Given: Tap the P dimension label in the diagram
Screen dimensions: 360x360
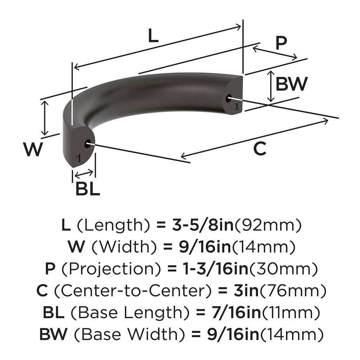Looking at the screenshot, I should pos(281,43).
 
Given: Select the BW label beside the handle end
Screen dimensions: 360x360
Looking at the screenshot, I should pos(291,84).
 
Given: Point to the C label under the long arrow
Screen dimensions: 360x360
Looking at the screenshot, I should pos(259,149).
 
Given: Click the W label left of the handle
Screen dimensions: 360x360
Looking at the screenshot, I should pos(33,150).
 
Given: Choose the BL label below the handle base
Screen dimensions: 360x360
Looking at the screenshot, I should pos(88,189).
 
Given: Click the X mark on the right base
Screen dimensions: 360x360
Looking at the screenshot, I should pos(237,108).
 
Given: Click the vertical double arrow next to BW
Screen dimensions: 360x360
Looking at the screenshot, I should pos(270,86).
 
